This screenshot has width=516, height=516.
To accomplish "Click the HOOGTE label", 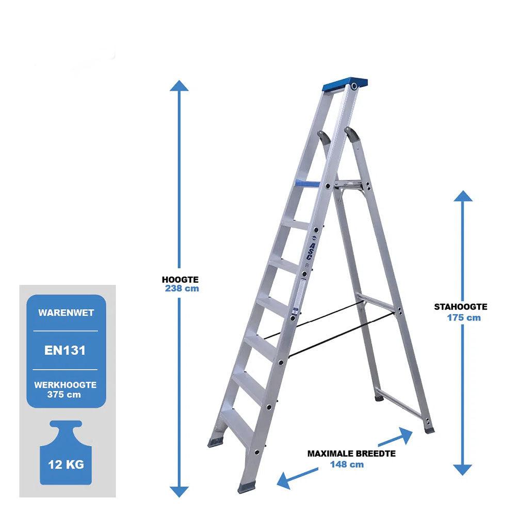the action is tap(180, 280).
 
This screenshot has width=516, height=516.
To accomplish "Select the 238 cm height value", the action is tap(182, 288).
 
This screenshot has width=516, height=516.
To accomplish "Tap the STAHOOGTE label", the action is tap(460, 307).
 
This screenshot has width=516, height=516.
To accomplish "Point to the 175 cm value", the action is tap(464, 317).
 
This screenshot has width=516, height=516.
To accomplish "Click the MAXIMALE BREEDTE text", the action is tap(351, 454).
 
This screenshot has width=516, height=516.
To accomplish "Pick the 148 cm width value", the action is tap(347, 465).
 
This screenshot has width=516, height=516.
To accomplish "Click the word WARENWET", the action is tap(66, 313).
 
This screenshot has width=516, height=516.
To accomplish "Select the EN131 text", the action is tap(65, 350).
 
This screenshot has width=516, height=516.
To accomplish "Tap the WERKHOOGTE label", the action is tap(65, 385).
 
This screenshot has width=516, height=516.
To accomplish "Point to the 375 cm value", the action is tap(64, 395).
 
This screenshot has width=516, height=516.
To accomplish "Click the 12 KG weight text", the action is tap(66, 465).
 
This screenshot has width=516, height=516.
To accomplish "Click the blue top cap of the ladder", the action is tap(345, 85).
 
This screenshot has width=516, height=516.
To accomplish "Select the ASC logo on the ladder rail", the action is tap(312, 246).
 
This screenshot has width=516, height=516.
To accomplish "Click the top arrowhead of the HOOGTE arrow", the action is tap(180, 86).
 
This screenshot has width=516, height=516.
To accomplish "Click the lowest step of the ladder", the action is tap(236, 425).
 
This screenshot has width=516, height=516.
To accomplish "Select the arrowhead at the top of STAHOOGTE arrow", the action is tap(463, 196).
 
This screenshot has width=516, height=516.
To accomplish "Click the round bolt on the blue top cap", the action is tap(354, 86).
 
